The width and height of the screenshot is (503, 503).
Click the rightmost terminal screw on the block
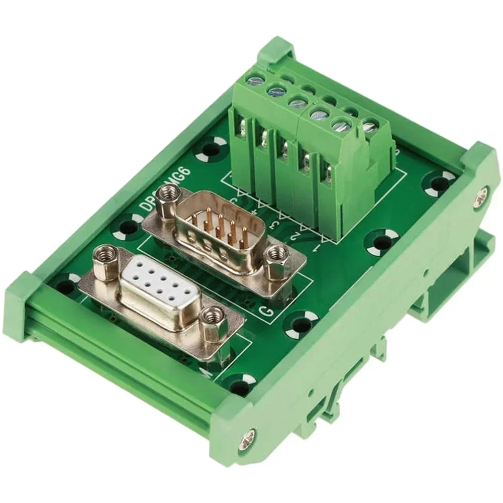[370, 126]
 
